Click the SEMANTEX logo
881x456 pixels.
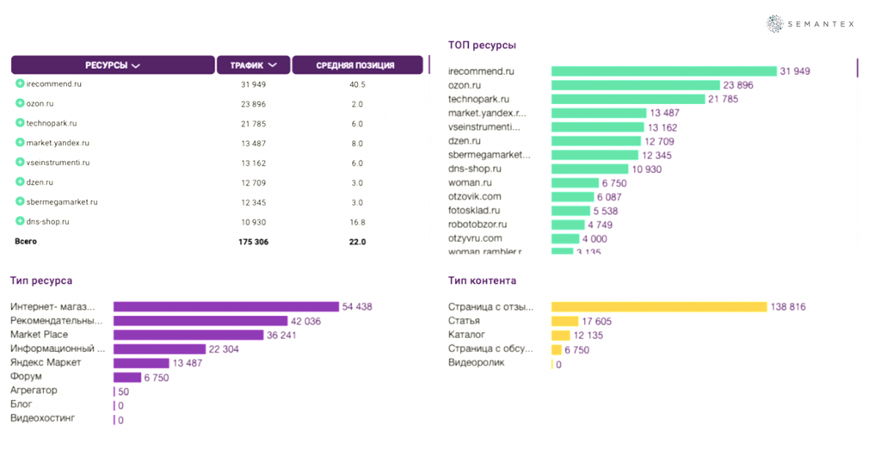(810, 24)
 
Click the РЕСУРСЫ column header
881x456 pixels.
(113, 65)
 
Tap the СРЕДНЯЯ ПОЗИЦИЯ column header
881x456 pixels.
(357, 65)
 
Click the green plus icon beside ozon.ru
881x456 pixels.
(20, 103)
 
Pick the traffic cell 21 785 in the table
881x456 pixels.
(254, 123)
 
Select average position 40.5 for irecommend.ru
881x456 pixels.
(357, 84)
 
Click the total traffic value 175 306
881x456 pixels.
(254, 242)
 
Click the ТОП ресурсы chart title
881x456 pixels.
(482, 45)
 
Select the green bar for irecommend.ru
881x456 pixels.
(663, 71)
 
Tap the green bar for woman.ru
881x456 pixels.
(574, 183)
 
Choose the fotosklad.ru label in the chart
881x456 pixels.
(474, 211)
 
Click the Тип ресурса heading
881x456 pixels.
(40, 280)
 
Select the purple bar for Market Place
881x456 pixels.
(191, 335)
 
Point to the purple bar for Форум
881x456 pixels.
(126, 377)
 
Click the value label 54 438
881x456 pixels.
(357, 306)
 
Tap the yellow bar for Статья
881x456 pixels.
(563, 321)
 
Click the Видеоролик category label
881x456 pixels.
(476, 363)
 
